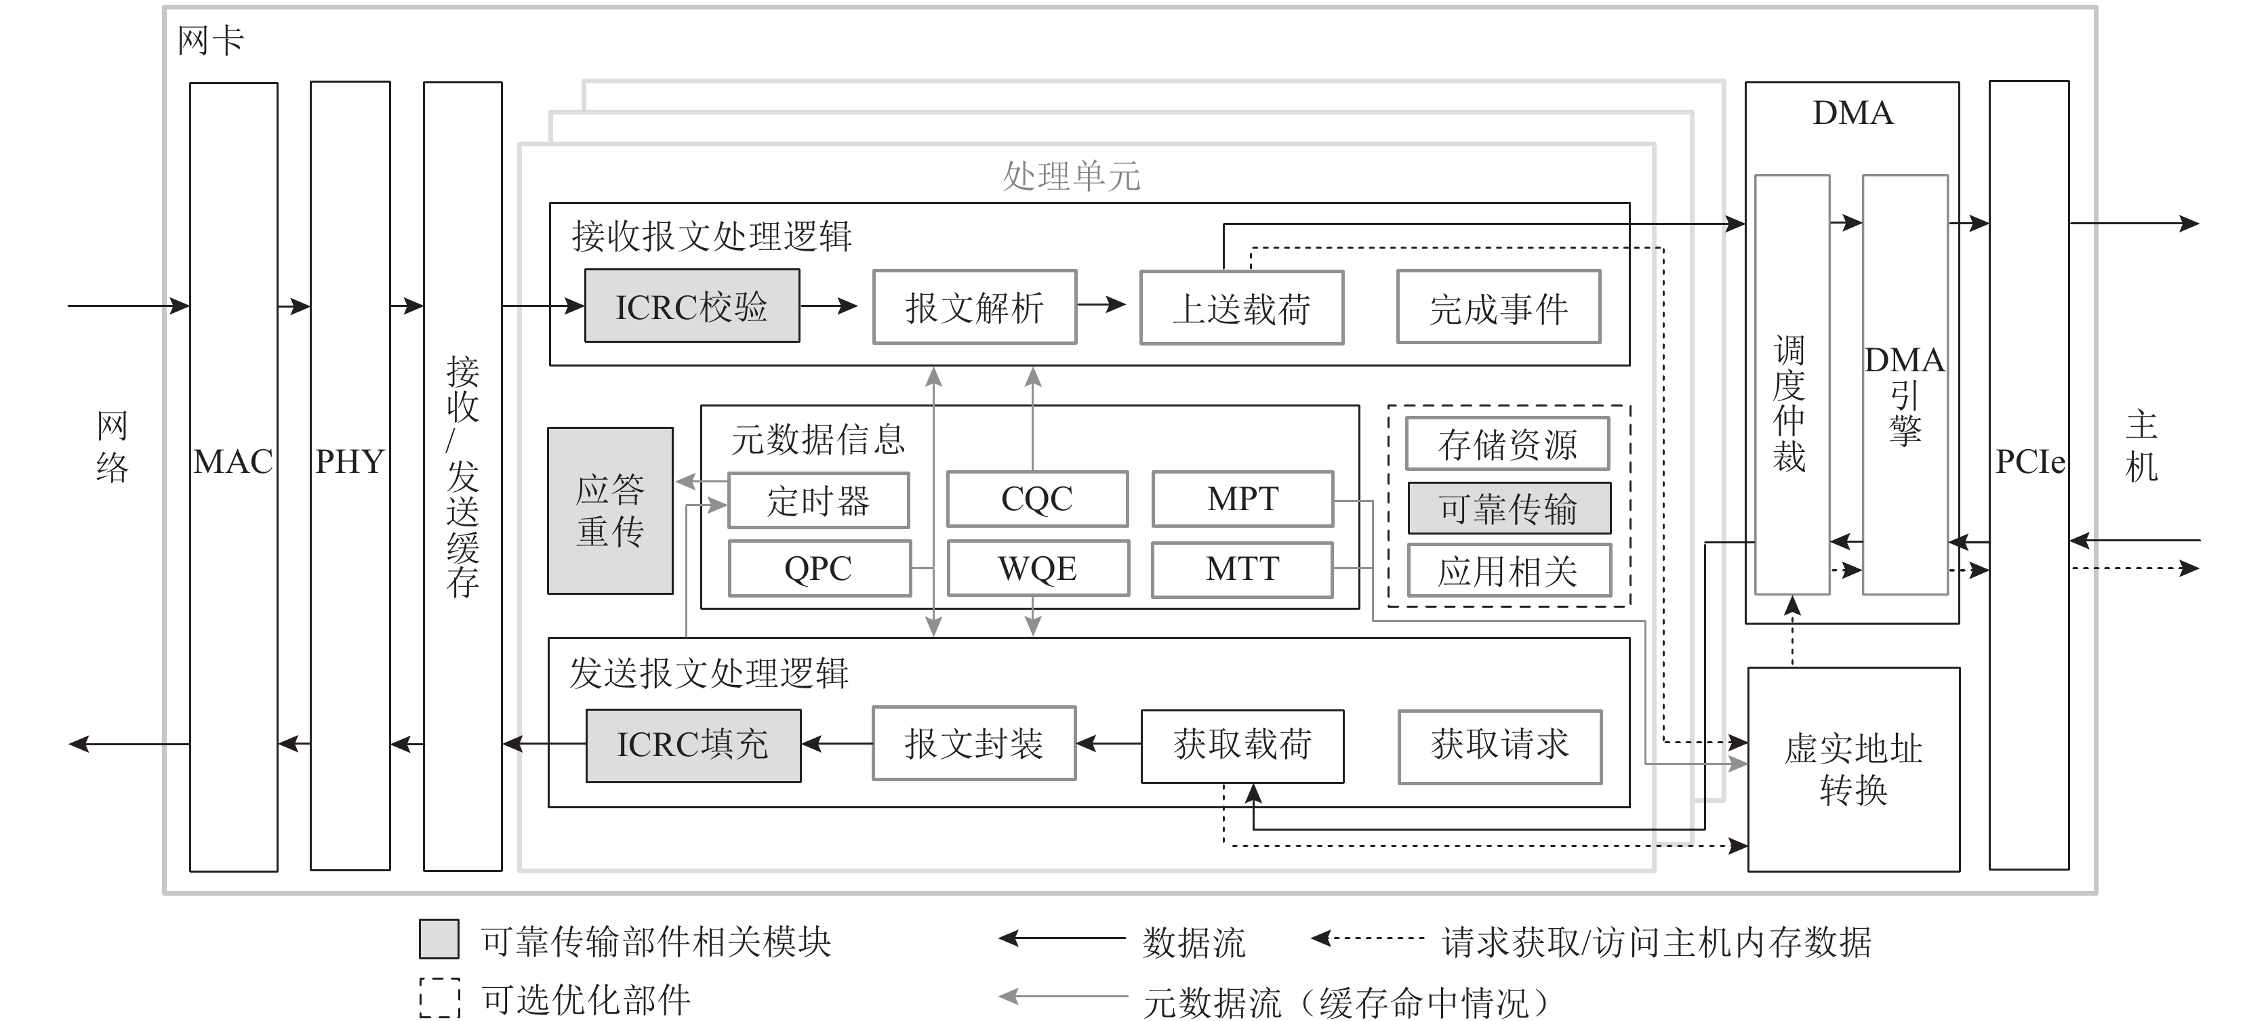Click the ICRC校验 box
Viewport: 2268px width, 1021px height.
[692, 306]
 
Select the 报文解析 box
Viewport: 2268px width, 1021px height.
[974, 307]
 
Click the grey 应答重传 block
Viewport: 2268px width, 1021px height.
[610, 511]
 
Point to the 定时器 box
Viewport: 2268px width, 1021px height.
[818, 501]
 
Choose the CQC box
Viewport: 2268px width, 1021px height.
[1037, 499]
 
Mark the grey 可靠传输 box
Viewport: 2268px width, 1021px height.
[1508, 509]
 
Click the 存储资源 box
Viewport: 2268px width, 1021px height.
[1507, 444]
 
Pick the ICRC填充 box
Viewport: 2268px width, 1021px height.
[693, 745]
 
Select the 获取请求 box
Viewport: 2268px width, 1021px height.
[1499, 745]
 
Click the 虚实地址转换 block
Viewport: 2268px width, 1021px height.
[1853, 769]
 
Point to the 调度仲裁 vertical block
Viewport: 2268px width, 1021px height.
[1791, 386]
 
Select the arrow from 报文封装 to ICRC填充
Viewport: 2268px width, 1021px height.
[836, 745]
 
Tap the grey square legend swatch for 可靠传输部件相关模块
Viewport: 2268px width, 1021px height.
[439, 939]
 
